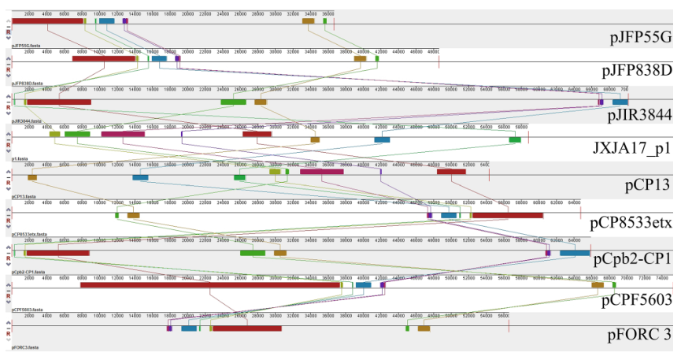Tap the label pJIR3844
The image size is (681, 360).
pos(639,114)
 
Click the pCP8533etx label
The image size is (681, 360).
pos(631,222)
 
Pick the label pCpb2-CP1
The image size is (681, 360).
pos(633,258)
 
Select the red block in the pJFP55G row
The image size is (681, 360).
pos(47,20)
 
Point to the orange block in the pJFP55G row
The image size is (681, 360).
pos(308,20)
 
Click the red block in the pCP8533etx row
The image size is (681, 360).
pos(507,215)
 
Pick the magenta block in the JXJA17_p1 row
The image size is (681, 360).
pos(123,134)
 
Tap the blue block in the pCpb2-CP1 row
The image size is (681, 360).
pos(574,253)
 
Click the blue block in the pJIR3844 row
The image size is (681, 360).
pos(620,102)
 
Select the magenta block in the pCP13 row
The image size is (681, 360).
pos(321,171)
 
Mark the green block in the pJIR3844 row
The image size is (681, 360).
pos(233,102)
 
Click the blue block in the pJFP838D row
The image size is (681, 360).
pos(159,58)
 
